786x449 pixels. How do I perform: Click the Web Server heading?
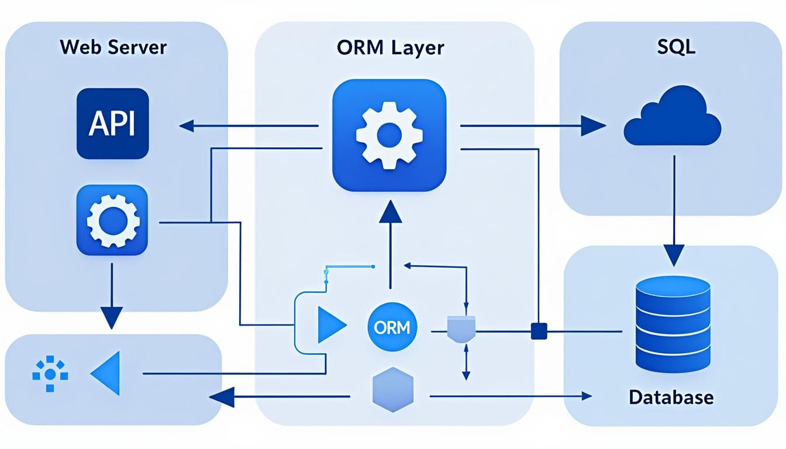click(113, 47)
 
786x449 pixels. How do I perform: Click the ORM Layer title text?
click(390, 47)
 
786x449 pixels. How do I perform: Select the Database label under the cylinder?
click(671, 398)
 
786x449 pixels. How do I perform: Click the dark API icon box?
click(113, 124)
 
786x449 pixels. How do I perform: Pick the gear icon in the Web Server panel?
click(112, 220)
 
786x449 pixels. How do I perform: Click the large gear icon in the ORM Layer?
click(388, 134)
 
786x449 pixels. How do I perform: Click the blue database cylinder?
click(673, 324)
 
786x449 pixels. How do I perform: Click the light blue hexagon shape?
click(392, 387)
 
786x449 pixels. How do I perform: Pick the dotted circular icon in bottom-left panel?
click(50, 373)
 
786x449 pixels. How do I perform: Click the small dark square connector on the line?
click(538, 331)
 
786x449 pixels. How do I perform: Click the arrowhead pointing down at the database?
click(674, 254)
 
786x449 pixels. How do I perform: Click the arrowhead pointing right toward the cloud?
click(592, 125)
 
